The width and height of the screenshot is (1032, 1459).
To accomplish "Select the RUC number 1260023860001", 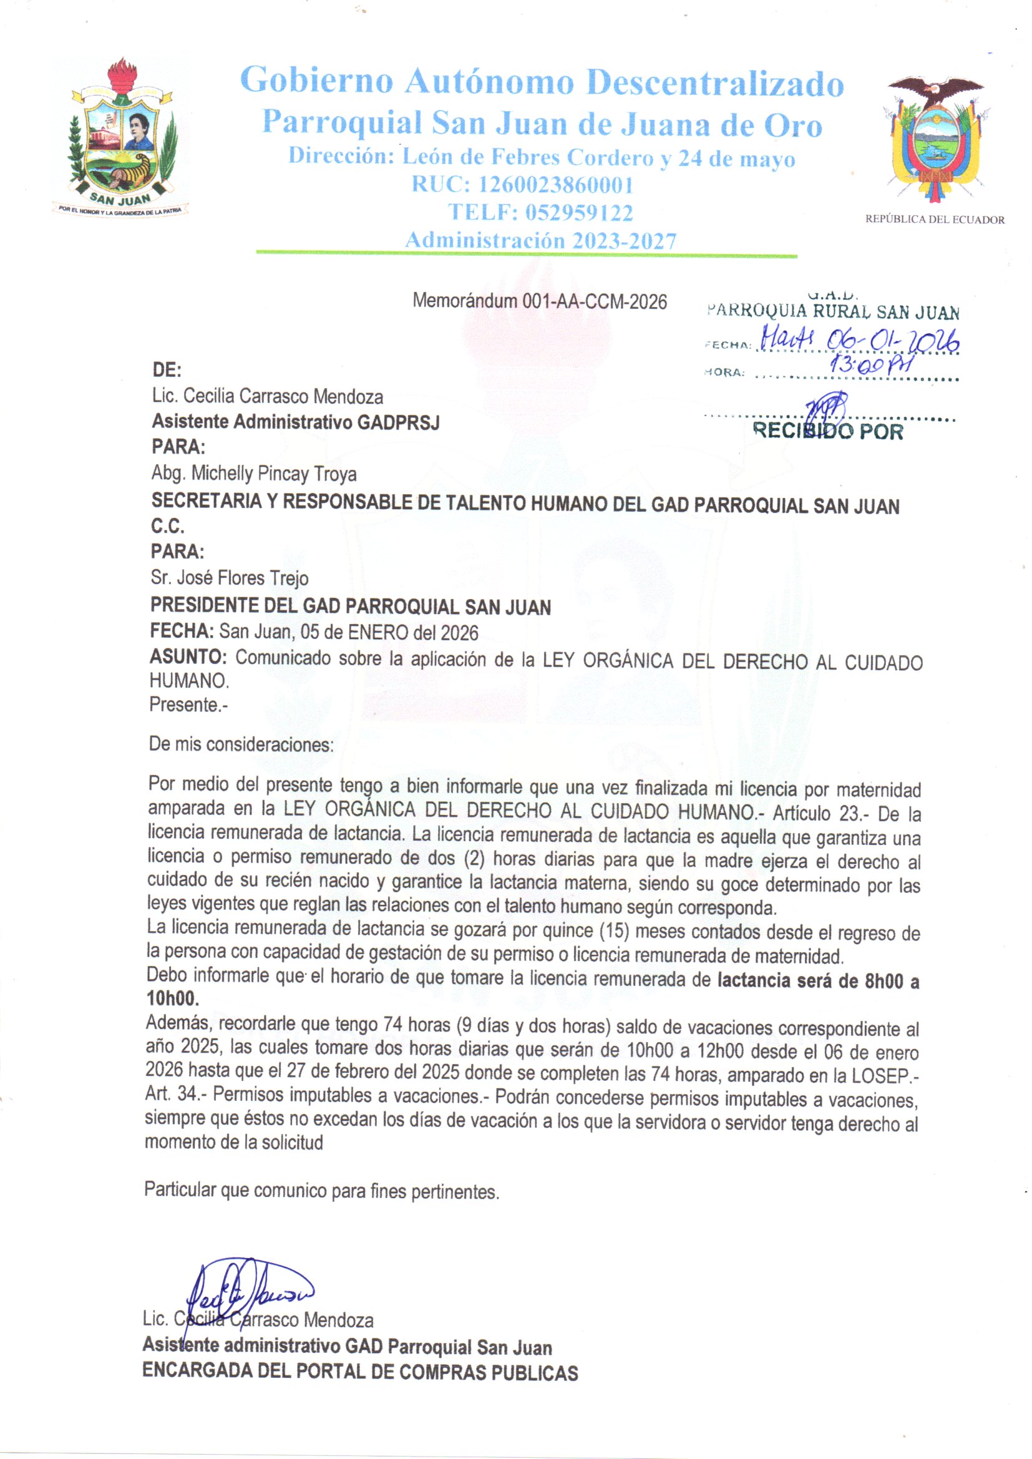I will [555, 185].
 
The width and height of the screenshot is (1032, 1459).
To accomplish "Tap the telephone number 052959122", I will [578, 212].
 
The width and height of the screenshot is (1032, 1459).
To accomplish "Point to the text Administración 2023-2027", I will [541, 241].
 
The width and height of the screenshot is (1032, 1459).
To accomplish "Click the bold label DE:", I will [167, 370].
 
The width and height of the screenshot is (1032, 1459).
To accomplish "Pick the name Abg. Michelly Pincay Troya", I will [254, 474].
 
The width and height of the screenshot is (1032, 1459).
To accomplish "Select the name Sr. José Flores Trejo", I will [230, 578].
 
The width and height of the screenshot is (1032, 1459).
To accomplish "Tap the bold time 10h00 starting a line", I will [172, 999].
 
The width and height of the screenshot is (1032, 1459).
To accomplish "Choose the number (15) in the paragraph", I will [613, 932].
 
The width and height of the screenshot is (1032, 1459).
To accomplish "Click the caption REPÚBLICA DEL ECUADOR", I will [935, 220].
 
